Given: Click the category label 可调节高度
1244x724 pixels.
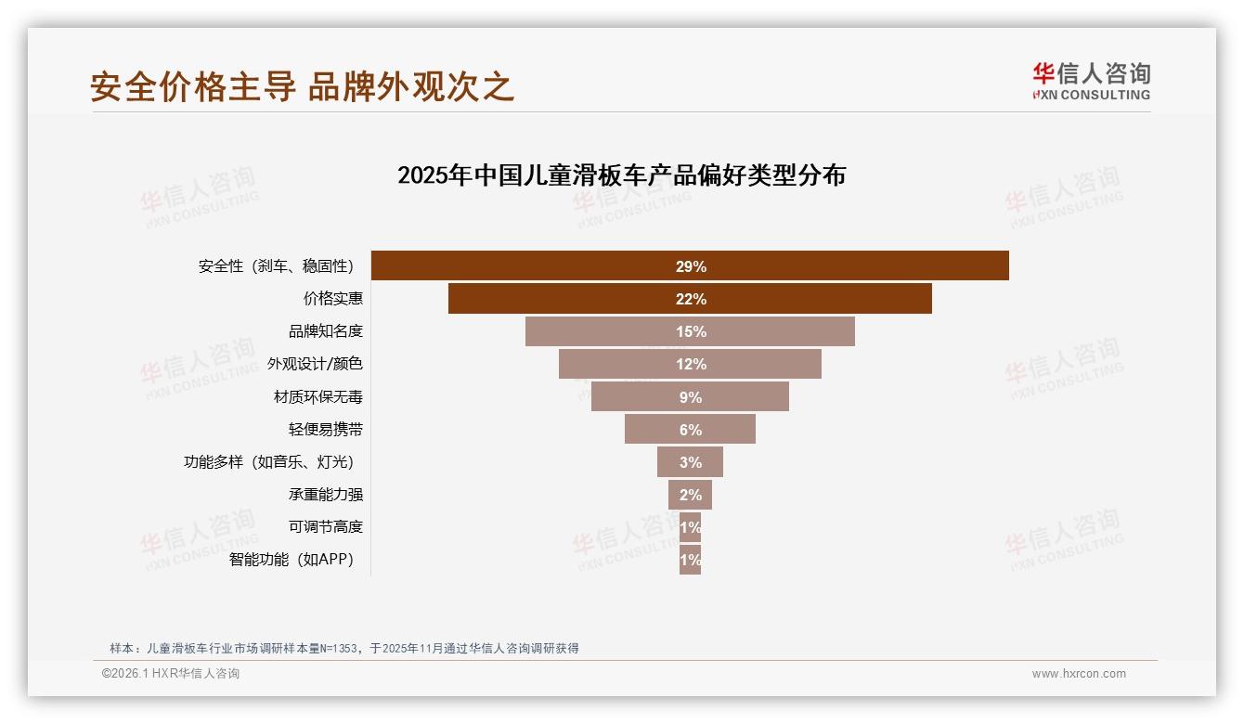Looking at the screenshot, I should click(325, 527).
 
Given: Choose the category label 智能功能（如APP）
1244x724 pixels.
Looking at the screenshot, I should click(292, 560).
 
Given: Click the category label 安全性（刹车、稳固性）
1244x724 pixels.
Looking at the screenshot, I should click(276, 266).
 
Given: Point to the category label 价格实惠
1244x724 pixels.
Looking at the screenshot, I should click(332, 299).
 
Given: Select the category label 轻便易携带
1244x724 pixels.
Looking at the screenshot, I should click(325, 430).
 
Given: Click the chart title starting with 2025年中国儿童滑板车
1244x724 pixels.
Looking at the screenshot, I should click(621, 175).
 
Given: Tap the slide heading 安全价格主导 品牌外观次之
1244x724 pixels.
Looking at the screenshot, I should click(302, 86).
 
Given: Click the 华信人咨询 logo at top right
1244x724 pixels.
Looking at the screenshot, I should click(1091, 81).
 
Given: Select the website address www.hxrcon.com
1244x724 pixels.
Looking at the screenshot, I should click(1079, 674).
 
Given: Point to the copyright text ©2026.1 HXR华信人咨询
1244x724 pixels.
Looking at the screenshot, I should click(171, 674).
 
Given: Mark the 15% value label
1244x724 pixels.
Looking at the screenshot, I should click(691, 331).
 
